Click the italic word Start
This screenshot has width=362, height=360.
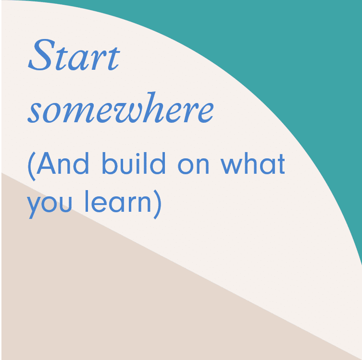(74, 55)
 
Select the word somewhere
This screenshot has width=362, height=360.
(121, 107)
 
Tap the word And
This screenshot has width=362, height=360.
(63, 163)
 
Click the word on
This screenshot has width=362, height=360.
(193, 166)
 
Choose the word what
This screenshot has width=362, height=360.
(253, 163)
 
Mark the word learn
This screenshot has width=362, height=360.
(118, 201)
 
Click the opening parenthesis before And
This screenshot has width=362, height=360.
(32, 166)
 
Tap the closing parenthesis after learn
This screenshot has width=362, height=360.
(157, 204)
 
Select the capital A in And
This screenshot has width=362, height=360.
(46, 163)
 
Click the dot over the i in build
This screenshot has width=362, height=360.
(137, 154)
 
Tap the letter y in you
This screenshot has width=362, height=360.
(35, 207)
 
